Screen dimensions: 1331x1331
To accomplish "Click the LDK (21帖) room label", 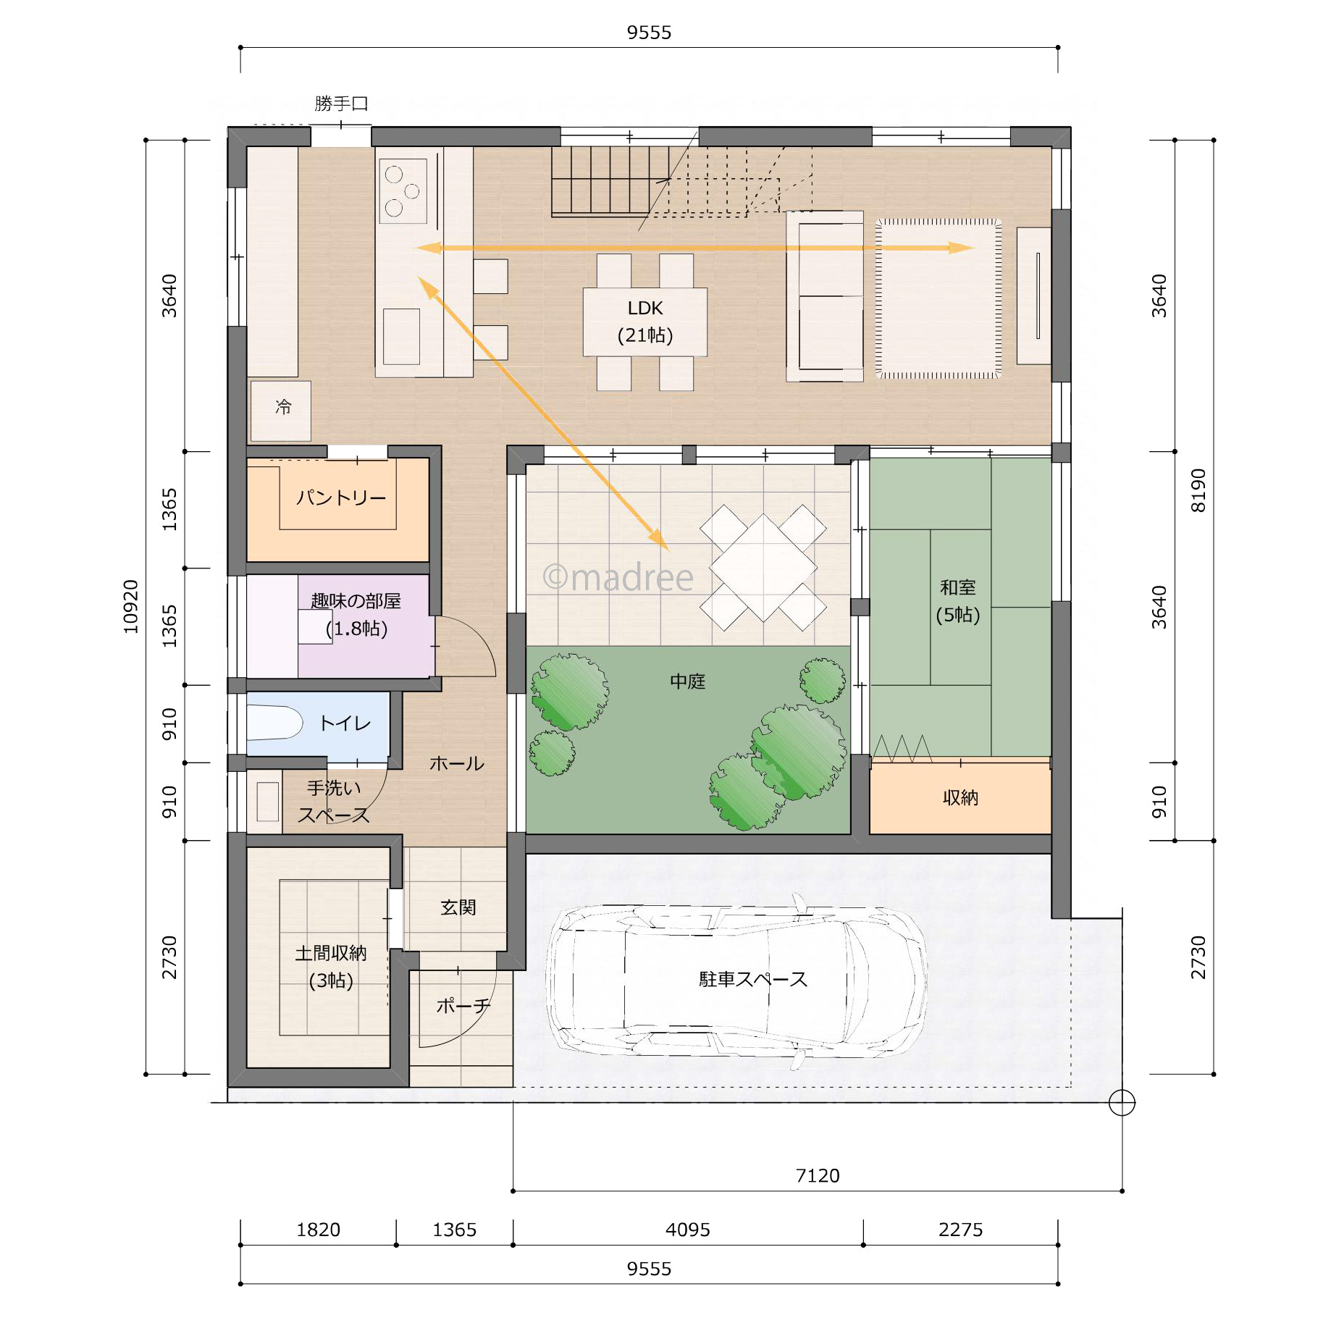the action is pos(645,322).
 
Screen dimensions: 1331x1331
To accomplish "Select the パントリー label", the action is pos(341,497).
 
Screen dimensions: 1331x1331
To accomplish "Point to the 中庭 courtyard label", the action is pos(687,681).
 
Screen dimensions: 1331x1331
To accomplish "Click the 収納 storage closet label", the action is pos(960,797).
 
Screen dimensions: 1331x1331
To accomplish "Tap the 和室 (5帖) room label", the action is pos(957,600).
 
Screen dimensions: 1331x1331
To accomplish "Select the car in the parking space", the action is pos(737,981).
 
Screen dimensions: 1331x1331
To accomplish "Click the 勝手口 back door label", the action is pos(341,104).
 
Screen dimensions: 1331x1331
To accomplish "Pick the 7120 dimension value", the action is pos(818,1175).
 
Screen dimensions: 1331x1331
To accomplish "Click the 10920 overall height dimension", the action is pos(131,607).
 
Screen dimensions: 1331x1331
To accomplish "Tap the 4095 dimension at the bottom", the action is pos(688,1230).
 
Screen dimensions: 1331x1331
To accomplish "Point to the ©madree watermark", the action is pos(618,577).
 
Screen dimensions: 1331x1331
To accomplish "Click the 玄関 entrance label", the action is pos(458,907).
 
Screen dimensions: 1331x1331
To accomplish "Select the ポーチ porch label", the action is pos(463,1006).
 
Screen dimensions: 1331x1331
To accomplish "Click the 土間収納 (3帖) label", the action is pos(331,967).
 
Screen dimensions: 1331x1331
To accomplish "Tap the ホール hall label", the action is pos(456,763).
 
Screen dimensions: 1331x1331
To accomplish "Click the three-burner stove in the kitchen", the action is pos(403,190).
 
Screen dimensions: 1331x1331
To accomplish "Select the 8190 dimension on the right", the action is pos(1198,490).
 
